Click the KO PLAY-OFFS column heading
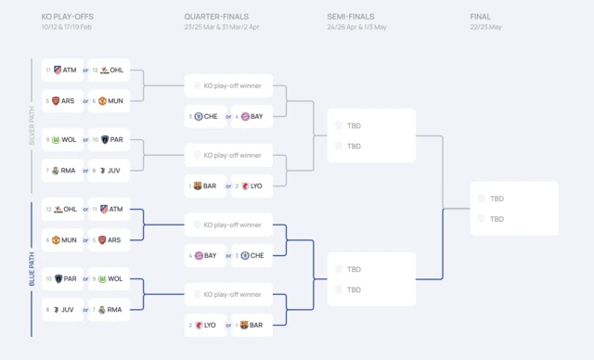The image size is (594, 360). coord(68,17)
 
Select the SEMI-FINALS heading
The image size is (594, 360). coord(350,17)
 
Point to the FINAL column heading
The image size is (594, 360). coord(481,17)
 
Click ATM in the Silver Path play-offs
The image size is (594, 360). coord(70,70)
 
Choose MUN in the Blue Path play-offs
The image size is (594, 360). coord(70,239)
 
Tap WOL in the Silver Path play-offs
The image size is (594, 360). coord(70,140)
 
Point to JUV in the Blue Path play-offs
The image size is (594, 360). coord(70,309)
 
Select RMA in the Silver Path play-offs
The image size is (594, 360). coord(70,170)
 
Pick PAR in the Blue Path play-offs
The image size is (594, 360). coord(70,278)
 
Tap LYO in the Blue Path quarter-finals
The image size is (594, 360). coord(210,325)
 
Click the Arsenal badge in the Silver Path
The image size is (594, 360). coord(57,100)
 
